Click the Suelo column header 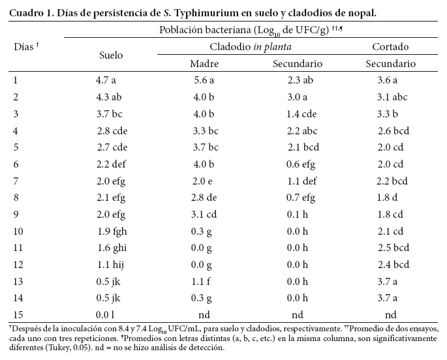point(110,55)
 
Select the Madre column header point(204,64)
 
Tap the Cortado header point(390,47)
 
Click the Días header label point(26,47)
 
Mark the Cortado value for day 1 point(387,81)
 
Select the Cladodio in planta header point(250,47)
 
